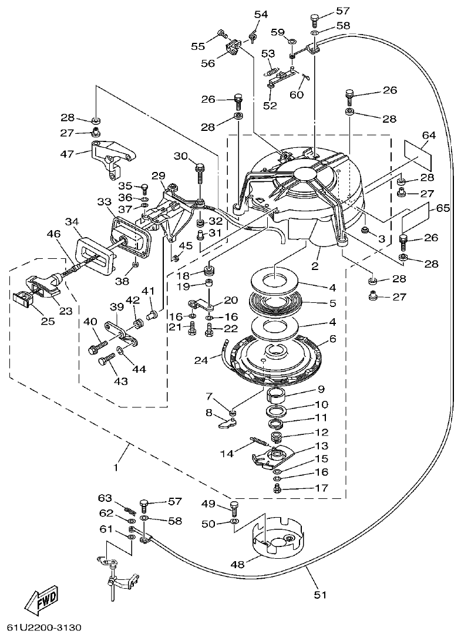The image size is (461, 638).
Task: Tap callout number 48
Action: tap(238, 565)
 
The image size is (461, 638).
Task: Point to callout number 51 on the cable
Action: tap(319, 595)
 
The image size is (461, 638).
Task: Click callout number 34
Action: tap(72, 222)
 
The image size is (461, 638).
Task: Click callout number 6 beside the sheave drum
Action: tap(332, 339)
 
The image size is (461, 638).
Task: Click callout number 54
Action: tap(261, 14)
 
